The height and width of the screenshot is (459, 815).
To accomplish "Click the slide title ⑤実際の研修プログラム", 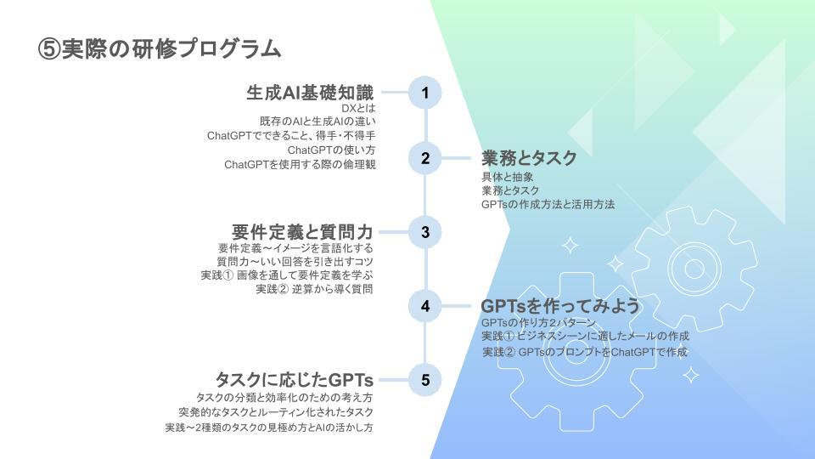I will pos(160,49).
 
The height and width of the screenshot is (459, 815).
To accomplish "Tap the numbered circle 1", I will pos(425,93).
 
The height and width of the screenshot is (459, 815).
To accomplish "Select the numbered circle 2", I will pos(425,158).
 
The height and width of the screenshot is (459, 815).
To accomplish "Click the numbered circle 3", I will pos(425,231).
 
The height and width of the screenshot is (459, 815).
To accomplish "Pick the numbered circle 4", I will pos(425,306).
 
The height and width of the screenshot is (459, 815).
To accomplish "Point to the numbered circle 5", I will pos(425,380).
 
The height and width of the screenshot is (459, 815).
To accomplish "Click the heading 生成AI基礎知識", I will pos(310,93).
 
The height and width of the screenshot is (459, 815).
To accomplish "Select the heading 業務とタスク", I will pos(529,158).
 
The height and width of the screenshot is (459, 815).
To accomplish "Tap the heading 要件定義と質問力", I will pos(302,231).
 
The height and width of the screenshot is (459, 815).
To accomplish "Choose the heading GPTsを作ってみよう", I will pos(560,306).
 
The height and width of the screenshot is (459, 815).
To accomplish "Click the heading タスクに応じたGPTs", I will pos(294,380).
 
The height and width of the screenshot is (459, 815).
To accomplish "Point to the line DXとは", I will pos(358,109).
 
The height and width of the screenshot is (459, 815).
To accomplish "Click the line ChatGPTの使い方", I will pos(331,150).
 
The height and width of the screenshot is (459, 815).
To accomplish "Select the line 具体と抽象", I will pos(507,177).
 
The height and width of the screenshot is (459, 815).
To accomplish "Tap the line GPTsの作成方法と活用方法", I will pos(548,204).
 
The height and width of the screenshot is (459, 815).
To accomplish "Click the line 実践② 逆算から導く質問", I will pos(315,289).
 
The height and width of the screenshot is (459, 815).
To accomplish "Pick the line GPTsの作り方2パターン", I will pos(539,323).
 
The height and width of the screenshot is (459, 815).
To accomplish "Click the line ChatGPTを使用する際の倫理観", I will pos(300,164).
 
